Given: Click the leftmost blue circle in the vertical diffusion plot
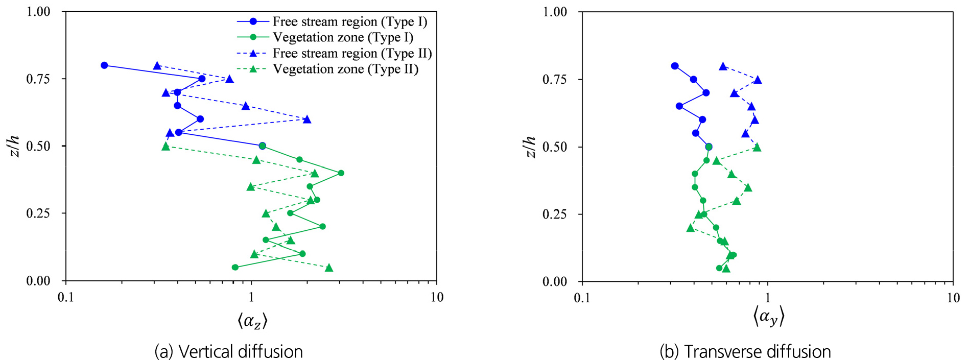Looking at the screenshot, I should click(x=104, y=65).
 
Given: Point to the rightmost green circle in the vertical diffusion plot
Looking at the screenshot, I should click(x=341, y=173).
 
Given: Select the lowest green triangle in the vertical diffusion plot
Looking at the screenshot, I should click(x=329, y=268).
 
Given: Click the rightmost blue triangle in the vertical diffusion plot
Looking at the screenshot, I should click(x=307, y=119).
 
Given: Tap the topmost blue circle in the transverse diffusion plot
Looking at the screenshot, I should click(x=675, y=66).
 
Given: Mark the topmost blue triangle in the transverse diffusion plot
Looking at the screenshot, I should click(x=723, y=66).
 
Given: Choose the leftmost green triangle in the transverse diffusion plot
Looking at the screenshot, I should click(x=691, y=228).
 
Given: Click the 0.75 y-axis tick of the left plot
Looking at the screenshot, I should click(x=38, y=79).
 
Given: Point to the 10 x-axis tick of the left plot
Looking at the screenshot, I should click(x=437, y=298).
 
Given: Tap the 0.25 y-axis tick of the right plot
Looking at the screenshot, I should click(x=555, y=214).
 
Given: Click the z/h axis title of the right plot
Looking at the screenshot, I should click(x=530, y=147).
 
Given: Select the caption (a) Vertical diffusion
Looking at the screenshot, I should click(x=228, y=352).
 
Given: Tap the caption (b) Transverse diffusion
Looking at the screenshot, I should click(x=745, y=352).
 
